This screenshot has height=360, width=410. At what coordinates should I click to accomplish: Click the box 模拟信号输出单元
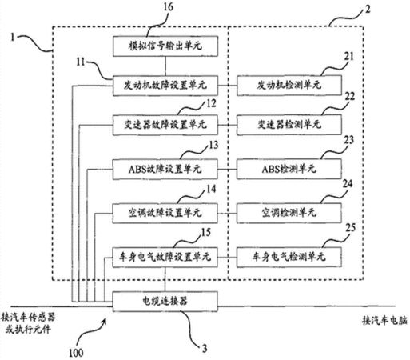(165, 46)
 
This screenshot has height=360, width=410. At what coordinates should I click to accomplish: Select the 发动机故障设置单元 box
(165, 86)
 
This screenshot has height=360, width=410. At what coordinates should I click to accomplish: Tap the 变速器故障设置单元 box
(165, 125)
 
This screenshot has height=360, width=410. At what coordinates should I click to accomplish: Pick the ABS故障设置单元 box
(165, 169)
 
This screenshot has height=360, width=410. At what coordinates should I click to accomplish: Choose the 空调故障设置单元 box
(165, 213)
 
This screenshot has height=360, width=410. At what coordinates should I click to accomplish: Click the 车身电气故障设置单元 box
(165, 258)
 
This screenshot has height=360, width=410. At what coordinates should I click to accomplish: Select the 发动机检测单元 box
(289, 86)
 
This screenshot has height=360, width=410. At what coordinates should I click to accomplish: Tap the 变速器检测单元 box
(289, 125)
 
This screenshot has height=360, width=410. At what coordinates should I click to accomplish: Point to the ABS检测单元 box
(289, 169)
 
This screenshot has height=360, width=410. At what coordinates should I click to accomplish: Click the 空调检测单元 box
(289, 213)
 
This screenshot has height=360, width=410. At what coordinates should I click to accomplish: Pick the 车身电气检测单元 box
(289, 258)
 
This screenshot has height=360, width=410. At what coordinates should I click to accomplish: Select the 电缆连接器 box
(165, 302)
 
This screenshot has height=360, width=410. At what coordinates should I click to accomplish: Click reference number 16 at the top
(168, 7)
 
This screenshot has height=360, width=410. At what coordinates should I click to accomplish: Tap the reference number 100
(76, 353)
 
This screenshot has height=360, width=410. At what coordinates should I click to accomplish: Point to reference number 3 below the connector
(205, 348)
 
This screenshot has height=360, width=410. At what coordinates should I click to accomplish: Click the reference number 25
(351, 228)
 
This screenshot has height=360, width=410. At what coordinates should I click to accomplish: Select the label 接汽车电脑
(384, 320)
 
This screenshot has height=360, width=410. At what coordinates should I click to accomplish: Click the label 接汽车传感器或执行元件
(28, 323)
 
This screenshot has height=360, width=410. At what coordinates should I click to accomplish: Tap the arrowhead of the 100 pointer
(105, 319)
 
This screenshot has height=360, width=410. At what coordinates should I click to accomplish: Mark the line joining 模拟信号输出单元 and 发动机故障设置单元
(165, 66)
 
